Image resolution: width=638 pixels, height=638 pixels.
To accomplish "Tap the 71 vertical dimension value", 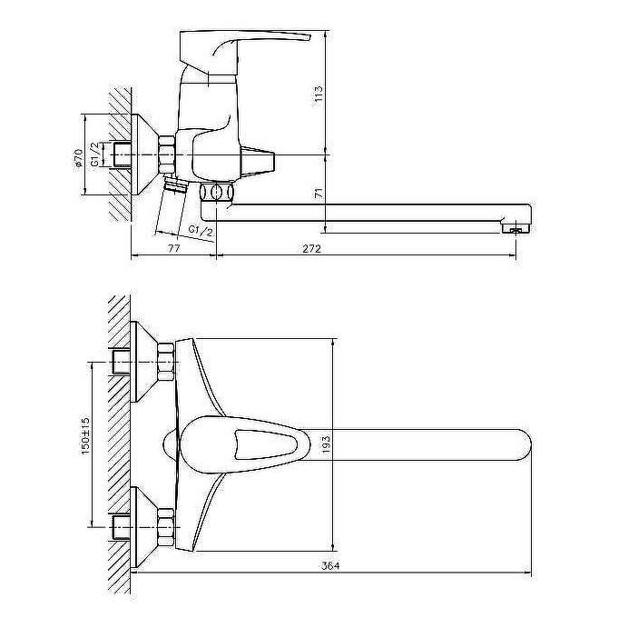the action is click(319, 193).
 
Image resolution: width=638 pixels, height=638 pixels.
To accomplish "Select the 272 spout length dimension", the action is click(311, 248).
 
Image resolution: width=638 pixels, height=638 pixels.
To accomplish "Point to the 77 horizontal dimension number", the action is click(173, 248).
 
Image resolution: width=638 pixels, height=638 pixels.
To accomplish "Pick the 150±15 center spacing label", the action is click(85, 435).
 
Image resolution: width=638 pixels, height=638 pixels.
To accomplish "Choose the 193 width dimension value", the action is click(326, 445).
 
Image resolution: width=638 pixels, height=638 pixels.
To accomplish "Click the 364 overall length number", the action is click(330, 565).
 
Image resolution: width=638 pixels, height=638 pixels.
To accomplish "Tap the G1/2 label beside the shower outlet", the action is click(201, 231).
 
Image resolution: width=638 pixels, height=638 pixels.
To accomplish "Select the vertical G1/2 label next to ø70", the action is click(94, 155).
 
